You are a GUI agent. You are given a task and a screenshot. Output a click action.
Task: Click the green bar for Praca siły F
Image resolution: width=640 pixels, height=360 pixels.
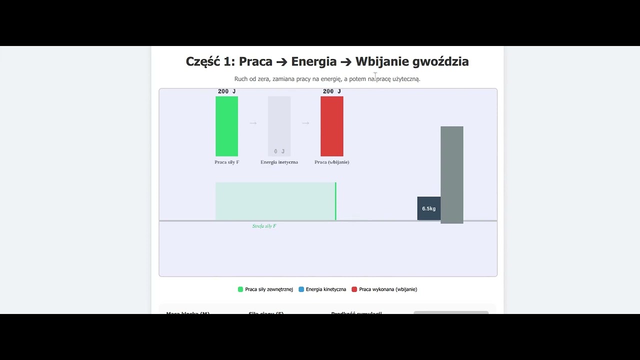[226, 126]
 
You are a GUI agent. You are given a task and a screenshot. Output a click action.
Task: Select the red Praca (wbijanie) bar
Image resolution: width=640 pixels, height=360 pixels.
[331, 126]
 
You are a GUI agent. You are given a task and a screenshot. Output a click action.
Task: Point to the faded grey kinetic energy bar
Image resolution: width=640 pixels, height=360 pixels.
[279, 122]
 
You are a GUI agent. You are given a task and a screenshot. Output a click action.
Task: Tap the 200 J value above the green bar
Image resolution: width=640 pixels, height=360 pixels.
[226, 91]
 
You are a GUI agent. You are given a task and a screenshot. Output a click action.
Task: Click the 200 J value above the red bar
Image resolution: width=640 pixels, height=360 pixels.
[331, 91]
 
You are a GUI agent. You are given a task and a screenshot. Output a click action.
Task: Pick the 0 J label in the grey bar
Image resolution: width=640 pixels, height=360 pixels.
[279, 151]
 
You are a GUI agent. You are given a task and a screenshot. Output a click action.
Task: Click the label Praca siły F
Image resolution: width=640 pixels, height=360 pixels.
[226, 162]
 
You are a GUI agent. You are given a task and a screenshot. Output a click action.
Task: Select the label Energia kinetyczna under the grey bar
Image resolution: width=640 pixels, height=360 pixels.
[279, 162]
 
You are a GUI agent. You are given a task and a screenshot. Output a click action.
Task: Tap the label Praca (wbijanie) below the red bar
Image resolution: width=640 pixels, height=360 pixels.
[331, 162]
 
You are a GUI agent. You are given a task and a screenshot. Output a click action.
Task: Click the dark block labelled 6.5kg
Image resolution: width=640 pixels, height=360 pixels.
[428, 208]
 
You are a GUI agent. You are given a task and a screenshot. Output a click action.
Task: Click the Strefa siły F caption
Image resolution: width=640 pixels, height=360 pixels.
[264, 226]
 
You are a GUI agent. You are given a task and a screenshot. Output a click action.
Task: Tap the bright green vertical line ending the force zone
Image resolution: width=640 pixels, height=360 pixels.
[335, 201]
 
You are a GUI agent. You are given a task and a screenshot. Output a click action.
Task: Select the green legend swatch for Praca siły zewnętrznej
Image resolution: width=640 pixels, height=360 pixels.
[240, 289]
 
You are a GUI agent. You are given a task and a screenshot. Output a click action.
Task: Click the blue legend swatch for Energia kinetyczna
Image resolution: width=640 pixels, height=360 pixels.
[301, 289]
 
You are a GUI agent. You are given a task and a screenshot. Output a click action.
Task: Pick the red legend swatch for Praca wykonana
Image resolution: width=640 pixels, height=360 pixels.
[354, 289]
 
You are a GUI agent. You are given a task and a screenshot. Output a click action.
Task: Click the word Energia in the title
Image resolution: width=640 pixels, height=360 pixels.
[313, 61]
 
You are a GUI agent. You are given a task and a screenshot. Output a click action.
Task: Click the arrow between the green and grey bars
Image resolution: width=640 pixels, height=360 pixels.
[253, 123]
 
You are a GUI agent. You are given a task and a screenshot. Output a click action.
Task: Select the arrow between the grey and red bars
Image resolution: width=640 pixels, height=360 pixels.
[305, 123]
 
